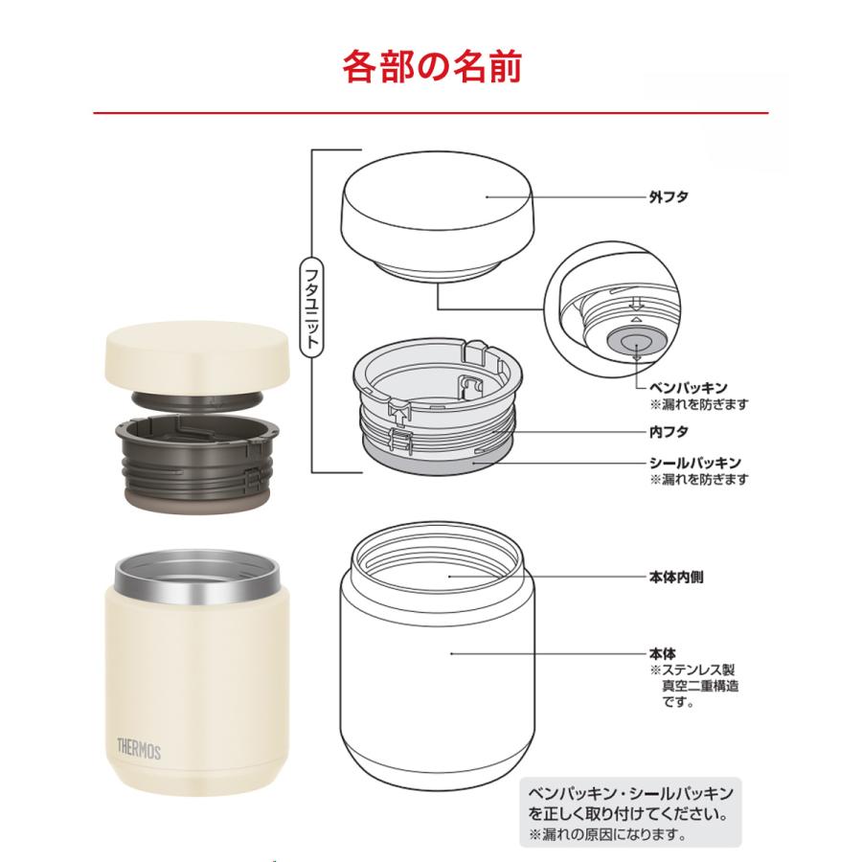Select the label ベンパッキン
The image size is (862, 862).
[x=683, y=388]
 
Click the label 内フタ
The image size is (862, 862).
[x=669, y=432]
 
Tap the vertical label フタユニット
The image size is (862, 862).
[x=307, y=307]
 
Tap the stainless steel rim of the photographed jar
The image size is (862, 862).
[x=188, y=579]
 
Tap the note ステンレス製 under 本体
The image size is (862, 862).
[x=698, y=670]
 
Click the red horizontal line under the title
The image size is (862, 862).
[x=431, y=113]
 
